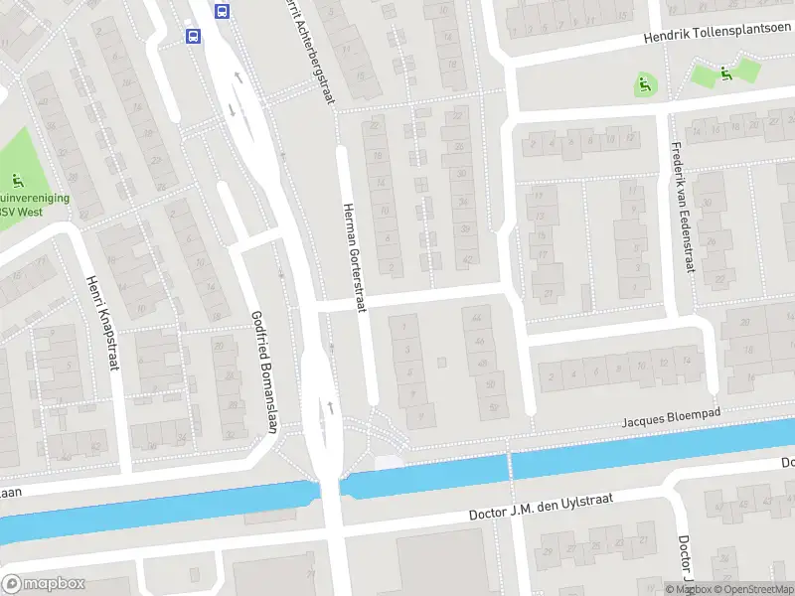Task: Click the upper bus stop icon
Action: [x=223, y=12]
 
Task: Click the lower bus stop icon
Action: [x=193, y=36]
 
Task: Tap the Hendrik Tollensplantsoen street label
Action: [x=715, y=35]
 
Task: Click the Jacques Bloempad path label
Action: [x=670, y=416]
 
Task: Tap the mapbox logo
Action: [x=42, y=584]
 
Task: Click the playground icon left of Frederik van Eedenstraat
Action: [x=644, y=86]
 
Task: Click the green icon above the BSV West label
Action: [x=17, y=181]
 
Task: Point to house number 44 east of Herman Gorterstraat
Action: [x=481, y=318]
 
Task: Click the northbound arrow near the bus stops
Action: [x=238, y=75]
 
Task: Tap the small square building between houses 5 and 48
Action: [x=441, y=361]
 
